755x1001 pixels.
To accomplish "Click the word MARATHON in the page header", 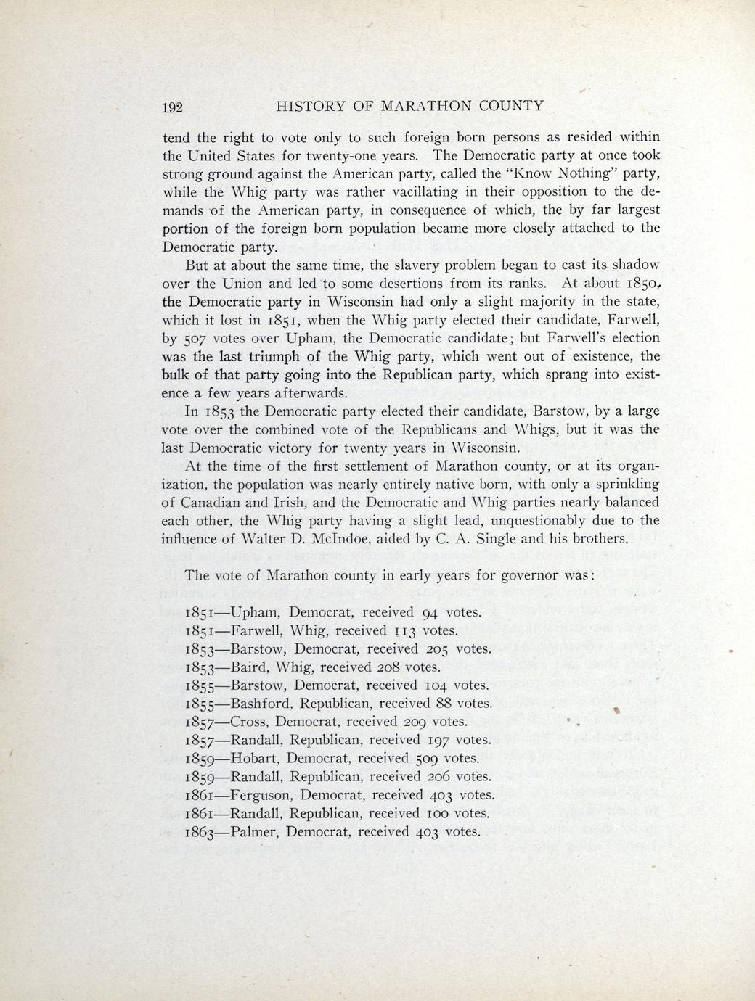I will click(x=427, y=106).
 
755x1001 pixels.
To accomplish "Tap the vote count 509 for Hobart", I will click(x=425, y=759).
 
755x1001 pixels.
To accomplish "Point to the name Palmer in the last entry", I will click(x=253, y=832).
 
